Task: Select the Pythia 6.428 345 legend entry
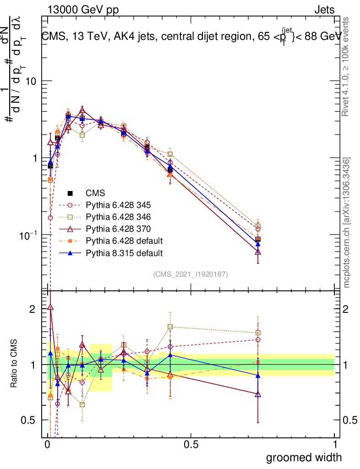tap(121, 205)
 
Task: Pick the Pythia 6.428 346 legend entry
tap(121, 217)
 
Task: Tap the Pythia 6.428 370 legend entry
tap(121, 229)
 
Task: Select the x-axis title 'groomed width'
tap(304, 457)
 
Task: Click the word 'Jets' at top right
tap(324, 10)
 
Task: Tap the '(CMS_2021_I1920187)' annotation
tap(191, 274)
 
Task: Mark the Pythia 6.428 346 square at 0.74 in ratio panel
tap(258, 333)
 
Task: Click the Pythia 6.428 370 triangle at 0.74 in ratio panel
tap(258, 394)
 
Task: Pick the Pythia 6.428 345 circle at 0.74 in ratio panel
tap(258, 340)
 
